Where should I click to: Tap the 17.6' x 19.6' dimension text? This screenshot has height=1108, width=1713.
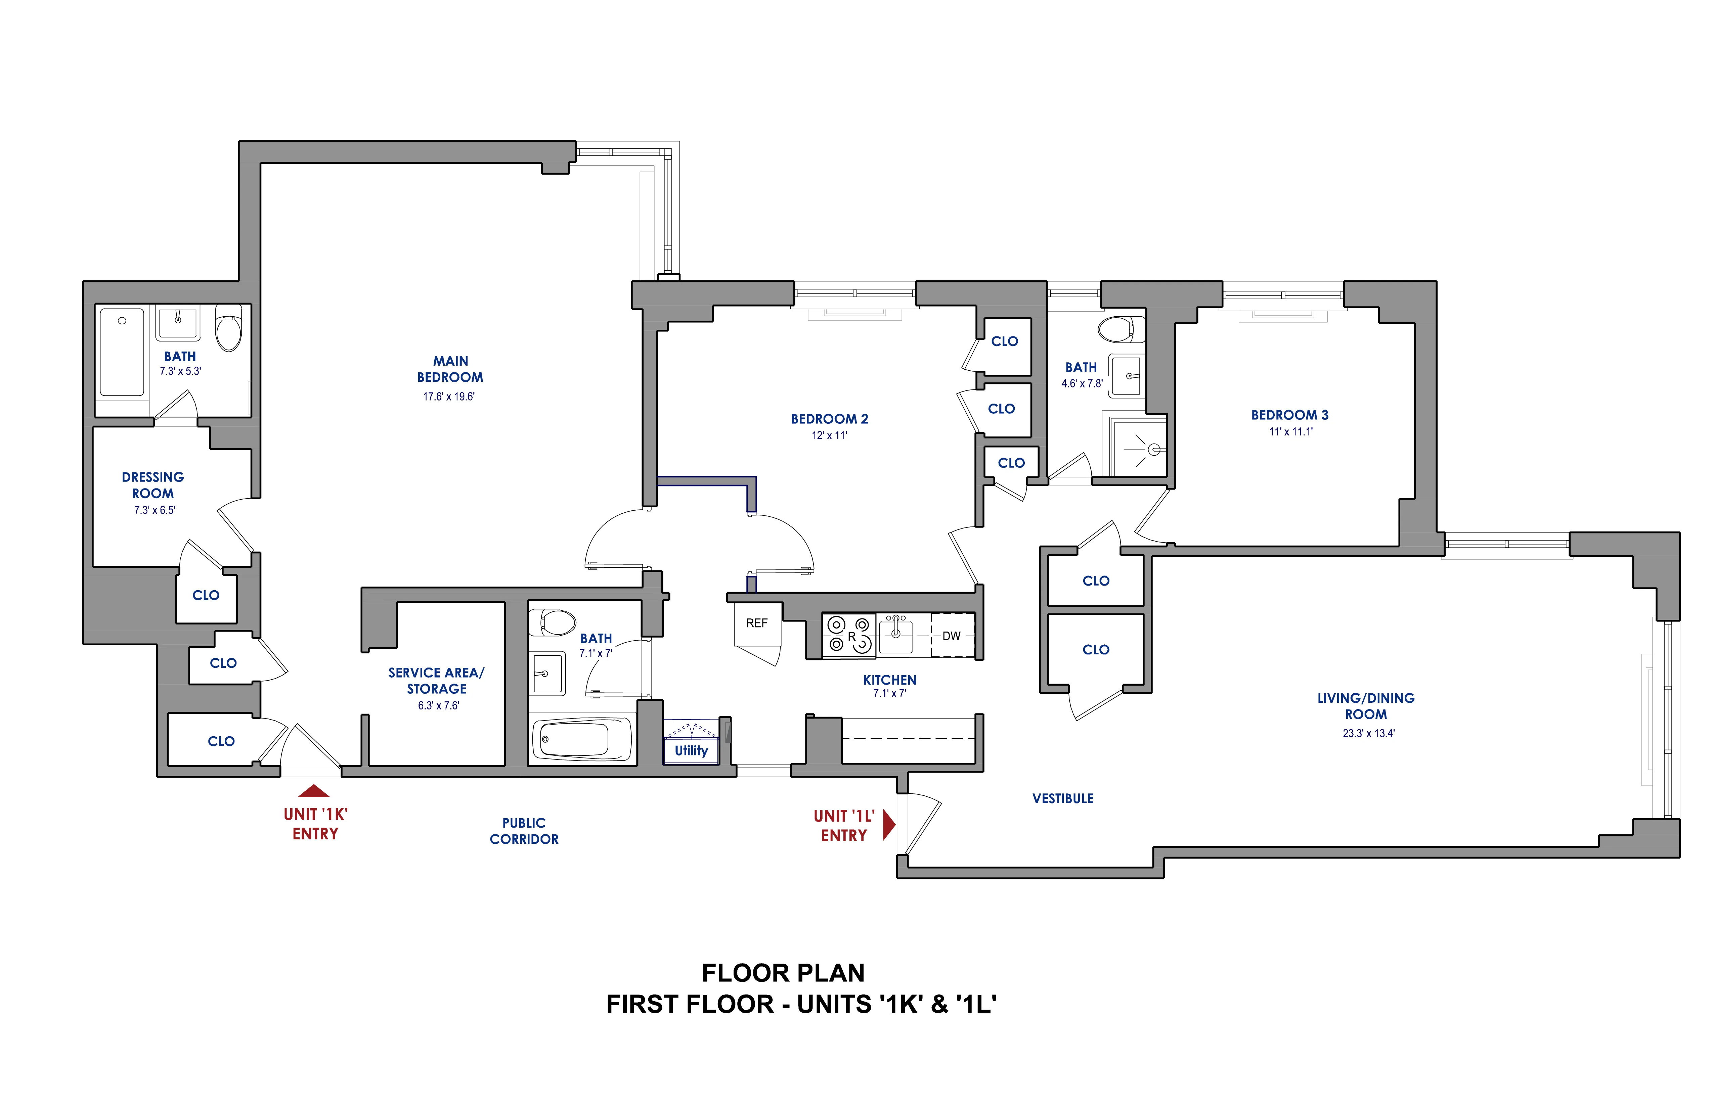tap(448, 397)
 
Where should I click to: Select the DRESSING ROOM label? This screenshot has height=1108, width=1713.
tap(152, 486)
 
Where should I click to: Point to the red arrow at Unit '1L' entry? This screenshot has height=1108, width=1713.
tap(889, 825)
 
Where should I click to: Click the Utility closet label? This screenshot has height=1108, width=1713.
tap(691, 750)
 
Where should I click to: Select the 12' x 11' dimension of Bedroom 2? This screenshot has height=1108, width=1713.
tap(829, 435)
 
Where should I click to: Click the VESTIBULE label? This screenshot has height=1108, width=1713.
tap(1063, 799)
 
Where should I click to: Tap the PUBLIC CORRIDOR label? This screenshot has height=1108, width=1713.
tap(524, 831)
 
